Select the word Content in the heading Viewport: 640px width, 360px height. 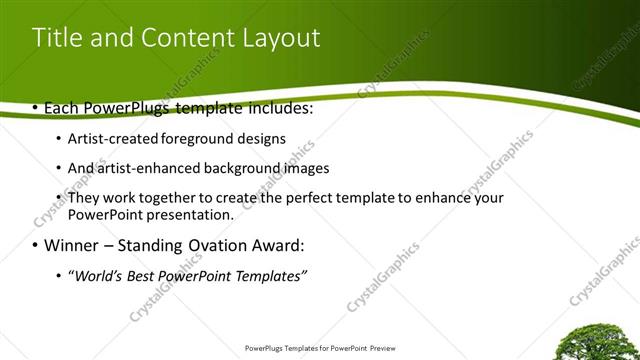(x=181, y=39)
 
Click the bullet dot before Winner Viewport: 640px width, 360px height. (x=36, y=246)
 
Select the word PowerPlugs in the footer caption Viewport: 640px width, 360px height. (x=265, y=349)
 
